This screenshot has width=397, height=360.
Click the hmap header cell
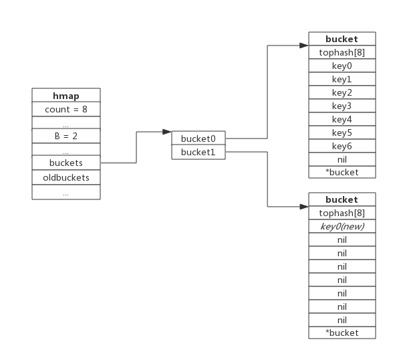(66, 95)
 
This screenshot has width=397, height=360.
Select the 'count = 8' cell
(66, 109)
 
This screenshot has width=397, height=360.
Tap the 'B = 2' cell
(66, 136)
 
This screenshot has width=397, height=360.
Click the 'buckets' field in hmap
(66, 163)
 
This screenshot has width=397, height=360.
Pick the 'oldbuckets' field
(66, 177)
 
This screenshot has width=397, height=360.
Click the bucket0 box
(198, 138)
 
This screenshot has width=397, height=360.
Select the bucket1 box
(198, 152)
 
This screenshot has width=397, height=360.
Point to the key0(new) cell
(342, 226)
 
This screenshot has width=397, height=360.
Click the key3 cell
(342, 106)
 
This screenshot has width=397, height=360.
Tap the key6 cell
(342, 146)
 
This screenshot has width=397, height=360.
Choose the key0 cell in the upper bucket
(342, 66)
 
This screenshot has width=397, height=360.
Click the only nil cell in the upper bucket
(342, 159)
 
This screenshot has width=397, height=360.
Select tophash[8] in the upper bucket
(342, 52)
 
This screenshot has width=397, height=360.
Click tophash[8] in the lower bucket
(342, 213)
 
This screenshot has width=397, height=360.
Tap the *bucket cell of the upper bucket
(342, 173)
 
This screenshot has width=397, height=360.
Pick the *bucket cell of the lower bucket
(342, 333)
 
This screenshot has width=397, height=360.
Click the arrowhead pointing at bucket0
(167, 132)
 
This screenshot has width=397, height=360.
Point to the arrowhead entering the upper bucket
(304, 46)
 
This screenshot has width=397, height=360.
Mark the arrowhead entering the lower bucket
(304, 207)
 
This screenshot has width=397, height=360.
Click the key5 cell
(342, 132)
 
